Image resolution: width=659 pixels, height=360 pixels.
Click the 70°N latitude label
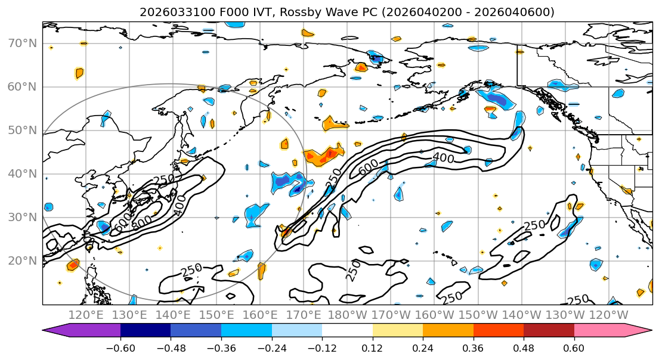pos(22,43)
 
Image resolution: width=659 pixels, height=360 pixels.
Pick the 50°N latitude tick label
pos(22,130)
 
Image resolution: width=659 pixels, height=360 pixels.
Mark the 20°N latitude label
pos(22,260)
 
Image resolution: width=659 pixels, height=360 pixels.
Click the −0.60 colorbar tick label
pos(120,348)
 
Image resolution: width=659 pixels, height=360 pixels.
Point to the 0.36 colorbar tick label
pos(473,348)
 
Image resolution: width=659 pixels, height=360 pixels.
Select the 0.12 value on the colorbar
pos(372,348)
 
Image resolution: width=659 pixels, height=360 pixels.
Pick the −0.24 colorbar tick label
pos(271,348)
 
